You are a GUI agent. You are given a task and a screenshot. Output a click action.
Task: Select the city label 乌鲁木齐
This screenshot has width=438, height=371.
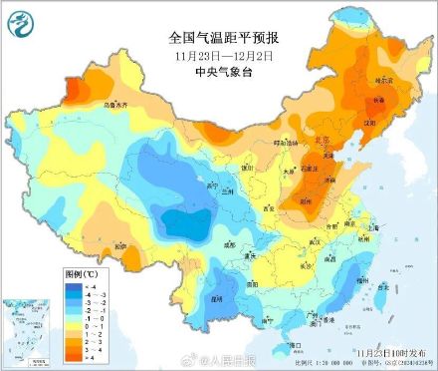click(116, 103)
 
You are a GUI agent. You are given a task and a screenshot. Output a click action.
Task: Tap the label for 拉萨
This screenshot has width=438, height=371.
click(120, 245)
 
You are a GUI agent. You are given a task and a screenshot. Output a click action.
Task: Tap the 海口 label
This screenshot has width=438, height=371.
click(293, 345)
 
